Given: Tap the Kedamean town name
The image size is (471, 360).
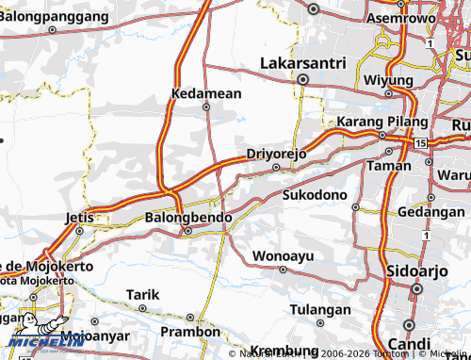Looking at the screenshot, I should (206, 93).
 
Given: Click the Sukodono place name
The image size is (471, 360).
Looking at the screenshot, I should (316, 195).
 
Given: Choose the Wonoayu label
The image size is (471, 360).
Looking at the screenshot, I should (284, 255).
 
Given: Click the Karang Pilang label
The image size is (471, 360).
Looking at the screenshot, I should (376, 123).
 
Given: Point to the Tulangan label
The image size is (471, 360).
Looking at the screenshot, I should (319, 309).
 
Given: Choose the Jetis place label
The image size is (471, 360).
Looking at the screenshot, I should (80, 217).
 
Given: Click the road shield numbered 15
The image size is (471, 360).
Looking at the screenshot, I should (419, 142).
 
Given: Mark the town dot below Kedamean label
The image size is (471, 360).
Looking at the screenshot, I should (206, 106).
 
